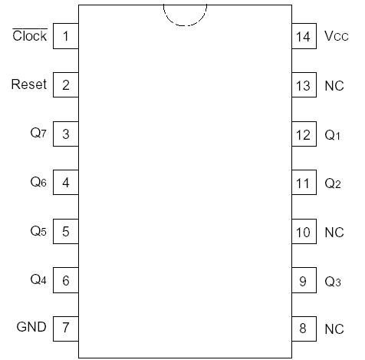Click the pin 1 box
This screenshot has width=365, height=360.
coord(66,36)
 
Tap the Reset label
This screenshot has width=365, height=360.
coord(29,84)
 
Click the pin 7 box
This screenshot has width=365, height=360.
coord(66,328)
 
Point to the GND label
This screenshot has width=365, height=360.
coord(31,327)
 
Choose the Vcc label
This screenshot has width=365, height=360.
coord(336,36)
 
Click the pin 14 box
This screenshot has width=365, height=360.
coord(304,36)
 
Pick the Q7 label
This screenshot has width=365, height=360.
coord(38,134)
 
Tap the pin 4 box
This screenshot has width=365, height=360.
coord(66,183)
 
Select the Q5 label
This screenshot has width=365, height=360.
coord(38,231)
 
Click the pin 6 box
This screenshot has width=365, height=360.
coord(66,280)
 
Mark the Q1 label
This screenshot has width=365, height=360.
coord(332,135)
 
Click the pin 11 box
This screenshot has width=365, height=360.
coord(304,183)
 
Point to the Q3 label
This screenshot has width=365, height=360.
coord(332,282)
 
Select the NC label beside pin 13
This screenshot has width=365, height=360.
coord(334,86)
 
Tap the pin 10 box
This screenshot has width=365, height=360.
coord(304,232)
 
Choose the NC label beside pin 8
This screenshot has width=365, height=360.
coord(334,329)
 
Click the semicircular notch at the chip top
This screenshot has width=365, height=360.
coord(185,14)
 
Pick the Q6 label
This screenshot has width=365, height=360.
coord(38,182)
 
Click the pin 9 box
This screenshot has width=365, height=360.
coord(304,281)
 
